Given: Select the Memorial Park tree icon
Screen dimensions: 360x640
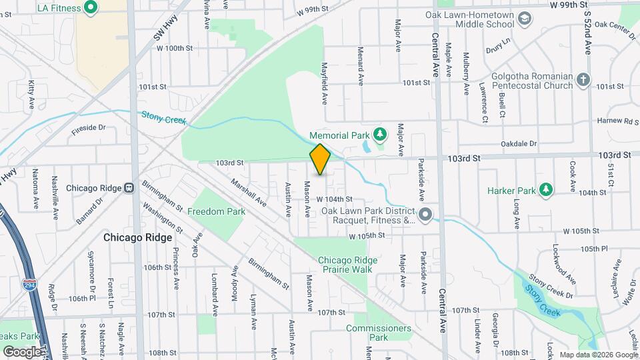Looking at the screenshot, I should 380,135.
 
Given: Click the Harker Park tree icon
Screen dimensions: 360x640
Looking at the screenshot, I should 545,190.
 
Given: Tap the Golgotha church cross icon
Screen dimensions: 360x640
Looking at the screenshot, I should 583,81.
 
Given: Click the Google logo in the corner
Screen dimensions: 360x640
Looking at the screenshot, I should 22,351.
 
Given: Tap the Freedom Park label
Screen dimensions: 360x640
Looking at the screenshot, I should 216,211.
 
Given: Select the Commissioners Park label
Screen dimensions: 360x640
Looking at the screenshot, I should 378,333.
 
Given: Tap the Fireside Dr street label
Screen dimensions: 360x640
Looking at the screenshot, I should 89,127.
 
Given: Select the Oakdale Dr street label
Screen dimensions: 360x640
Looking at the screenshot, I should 519,143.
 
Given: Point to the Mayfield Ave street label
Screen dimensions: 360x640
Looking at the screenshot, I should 325,84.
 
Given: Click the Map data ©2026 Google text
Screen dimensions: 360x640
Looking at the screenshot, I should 598,354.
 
